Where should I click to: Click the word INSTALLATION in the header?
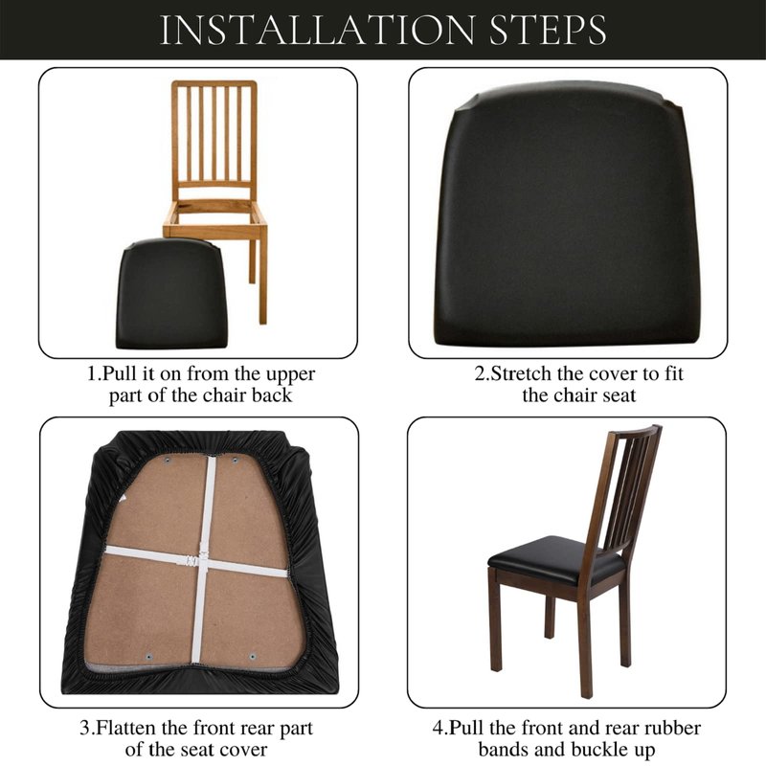click(x=318, y=30)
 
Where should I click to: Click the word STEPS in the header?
click(x=548, y=30)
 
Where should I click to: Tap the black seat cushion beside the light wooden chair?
click(x=171, y=294)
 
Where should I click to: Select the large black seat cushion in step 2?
click(x=567, y=214)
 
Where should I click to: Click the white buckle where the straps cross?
click(x=195, y=561)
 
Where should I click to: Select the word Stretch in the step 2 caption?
click(x=522, y=373)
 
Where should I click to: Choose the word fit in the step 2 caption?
click(x=673, y=373)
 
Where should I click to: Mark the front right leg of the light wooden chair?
click(x=262, y=280)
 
